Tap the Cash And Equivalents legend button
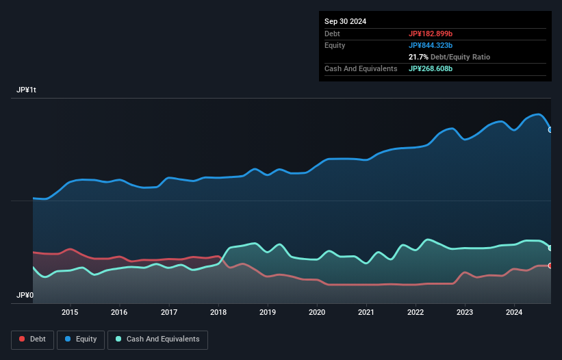[x=157, y=339]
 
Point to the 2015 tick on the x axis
[x=70, y=313]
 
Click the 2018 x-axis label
[x=218, y=313]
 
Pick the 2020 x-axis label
[x=317, y=313]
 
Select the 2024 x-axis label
[x=515, y=313]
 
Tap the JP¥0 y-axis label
[x=25, y=295]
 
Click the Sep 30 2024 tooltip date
[x=346, y=21]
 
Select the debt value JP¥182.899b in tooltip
[x=431, y=34]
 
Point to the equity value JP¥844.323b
[x=431, y=45]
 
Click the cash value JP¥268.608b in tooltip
[x=431, y=68]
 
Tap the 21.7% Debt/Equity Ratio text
[x=449, y=57]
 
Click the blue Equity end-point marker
[x=550, y=129]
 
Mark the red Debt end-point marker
[x=550, y=266]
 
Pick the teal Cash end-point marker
[x=550, y=248]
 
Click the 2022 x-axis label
[x=416, y=313]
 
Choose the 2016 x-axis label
[x=119, y=313]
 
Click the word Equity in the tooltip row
[x=335, y=45]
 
